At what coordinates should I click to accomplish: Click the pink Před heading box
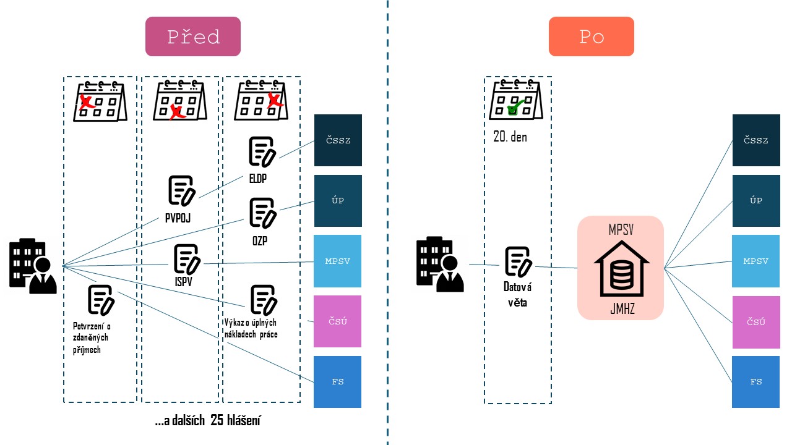192,36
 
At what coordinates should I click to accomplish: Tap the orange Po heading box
591,36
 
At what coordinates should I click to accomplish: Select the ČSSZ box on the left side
338,140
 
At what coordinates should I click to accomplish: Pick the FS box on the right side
755,381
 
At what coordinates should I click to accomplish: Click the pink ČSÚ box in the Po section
755,321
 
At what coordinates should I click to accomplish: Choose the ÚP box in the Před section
338,200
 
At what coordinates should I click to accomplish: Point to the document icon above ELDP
262,151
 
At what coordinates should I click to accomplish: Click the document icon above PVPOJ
182,190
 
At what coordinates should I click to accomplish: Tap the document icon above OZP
262,212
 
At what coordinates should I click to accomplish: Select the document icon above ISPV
187,259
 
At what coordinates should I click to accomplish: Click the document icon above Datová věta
518,261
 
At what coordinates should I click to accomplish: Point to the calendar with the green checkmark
515,101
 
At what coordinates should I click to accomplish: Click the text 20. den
510,137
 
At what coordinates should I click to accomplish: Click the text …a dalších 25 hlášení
208,422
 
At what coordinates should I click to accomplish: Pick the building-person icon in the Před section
33,266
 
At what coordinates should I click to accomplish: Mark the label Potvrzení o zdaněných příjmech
92,337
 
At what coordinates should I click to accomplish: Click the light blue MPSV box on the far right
755,261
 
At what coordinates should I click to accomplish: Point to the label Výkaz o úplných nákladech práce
251,328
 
